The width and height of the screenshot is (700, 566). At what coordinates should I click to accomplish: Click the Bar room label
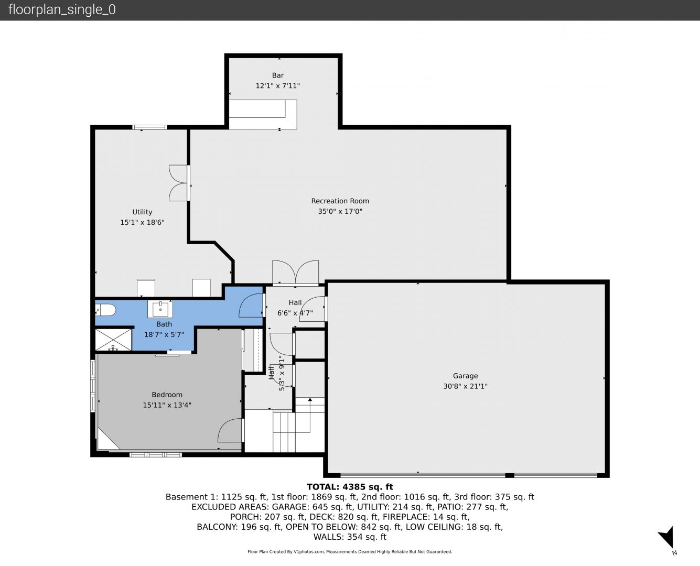pos(278,75)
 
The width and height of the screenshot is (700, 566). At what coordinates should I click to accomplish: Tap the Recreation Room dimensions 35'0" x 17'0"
pos(340,211)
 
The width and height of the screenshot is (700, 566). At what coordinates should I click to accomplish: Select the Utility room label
pos(142,212)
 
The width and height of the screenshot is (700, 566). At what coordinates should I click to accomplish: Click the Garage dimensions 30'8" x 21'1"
pos(465,386)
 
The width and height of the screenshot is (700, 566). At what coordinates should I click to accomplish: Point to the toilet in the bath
pos(105,310)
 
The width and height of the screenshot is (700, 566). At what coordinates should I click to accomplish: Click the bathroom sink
pos(160,309)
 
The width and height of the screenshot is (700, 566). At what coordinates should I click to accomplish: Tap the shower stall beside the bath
pos(113,340)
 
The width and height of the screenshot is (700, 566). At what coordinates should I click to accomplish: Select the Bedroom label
pos(167,395)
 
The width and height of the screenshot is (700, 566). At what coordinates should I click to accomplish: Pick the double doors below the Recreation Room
pos(295,273)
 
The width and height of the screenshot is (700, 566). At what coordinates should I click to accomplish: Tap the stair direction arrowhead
pos(310,399)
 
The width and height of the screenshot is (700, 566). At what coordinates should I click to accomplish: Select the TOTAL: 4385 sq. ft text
pos(350,486)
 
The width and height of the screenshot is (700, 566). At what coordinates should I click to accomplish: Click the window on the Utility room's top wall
pos(149,127)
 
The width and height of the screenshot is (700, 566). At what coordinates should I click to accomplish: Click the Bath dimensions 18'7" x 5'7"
pos(164,334)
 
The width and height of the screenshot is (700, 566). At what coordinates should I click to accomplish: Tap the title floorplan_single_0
pos(62,9)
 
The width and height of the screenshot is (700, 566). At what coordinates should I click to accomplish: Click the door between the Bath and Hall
pos(251,305)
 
